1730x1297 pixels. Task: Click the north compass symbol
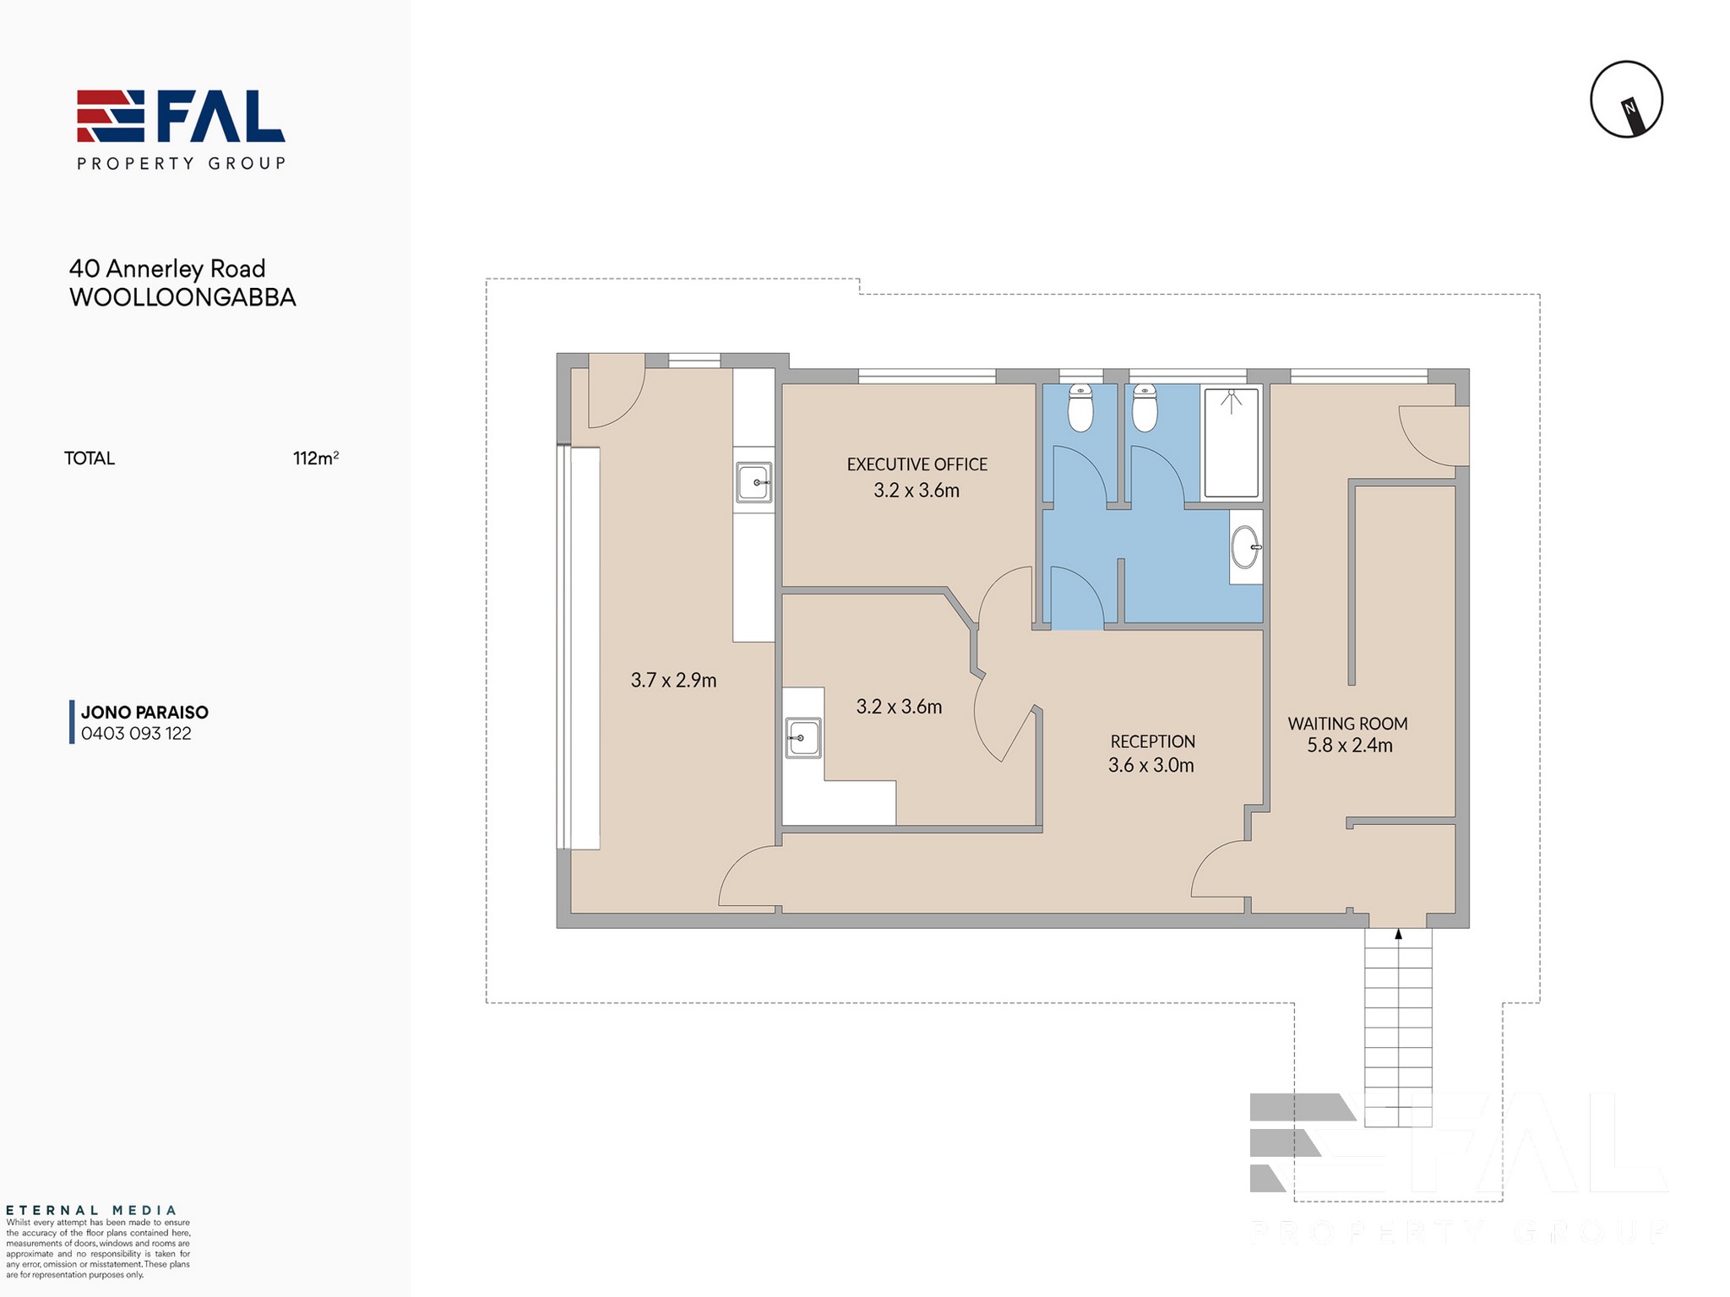pyautogui.click(x=1626, y=99)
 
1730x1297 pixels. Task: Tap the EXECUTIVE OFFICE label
pyautogui.click(x=917, y=464)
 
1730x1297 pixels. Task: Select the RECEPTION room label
pyautogui.click(x=1152, y=741)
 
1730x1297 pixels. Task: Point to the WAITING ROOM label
pyautogui.click(x=1347, y=724)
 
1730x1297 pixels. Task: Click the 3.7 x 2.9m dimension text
pyautogui.click(x=673, y=680)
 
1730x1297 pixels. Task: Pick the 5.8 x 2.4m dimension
pyautogui.click(x=1350, y=745)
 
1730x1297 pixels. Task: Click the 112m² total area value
pyautogui.click(x=316, y=458)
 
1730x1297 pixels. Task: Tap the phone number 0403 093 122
pyautogui.click(x=136, y=734)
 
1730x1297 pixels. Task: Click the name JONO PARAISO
pyautogui.click(x=144, y=713)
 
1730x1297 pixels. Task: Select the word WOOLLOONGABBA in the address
pyautogui.click(x=182, y=297)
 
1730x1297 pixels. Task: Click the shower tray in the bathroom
pyautogui.click(x=1231, y=442)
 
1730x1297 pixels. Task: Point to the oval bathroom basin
pyautogui.click(x=1245, y=546)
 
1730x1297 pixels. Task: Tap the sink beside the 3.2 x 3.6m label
pyautogui.click(x=802, y=737)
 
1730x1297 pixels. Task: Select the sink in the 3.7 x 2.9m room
pyautogui.click(x=753, y=482)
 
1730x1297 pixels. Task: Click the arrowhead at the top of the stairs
pyautogui.click(x=1398, y=934)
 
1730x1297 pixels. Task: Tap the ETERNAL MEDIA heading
pyautogui.click(x=91, y=1210)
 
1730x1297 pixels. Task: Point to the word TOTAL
pyautogui.click(x=90, y=459)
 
